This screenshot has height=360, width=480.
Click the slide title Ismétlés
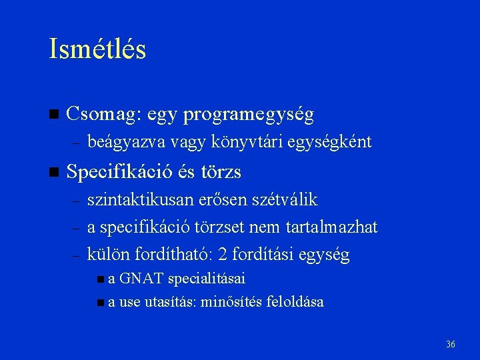coord(97,50)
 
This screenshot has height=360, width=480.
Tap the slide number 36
coord(451,344)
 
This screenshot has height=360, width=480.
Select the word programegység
coord(249,115)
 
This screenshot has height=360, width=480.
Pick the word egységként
coord(337,142)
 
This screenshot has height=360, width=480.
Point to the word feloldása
coord(295,302)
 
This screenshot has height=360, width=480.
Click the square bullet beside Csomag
coord(54,115)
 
